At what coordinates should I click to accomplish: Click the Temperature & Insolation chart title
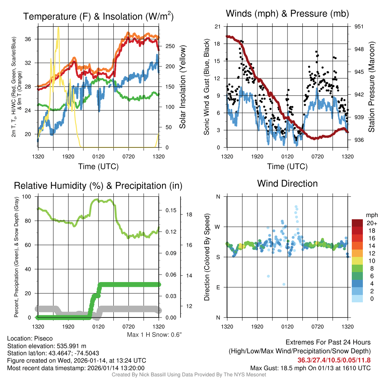(98, 17)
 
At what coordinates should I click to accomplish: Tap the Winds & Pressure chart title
(287, 14)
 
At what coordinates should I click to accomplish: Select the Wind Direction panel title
(287, 183)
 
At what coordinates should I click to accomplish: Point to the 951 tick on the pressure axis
(359, 27)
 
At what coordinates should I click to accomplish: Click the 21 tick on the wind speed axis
(217, 27)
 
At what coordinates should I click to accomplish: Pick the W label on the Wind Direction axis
(218, 227)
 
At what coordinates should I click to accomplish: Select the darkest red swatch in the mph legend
(357, 223)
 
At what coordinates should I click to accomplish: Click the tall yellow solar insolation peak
(58, 31)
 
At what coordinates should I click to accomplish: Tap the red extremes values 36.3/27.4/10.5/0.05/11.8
(334, 360)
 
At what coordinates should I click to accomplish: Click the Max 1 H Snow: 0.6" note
(154, 335)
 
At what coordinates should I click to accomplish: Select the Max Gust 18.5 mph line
(310, 368)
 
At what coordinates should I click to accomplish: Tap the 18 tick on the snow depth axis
(189, 214)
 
